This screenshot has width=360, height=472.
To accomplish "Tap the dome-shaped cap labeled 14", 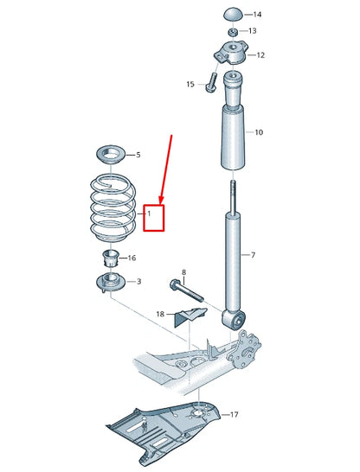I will [x=234, y=14].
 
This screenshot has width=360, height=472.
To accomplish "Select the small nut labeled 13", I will [x=231, y=31].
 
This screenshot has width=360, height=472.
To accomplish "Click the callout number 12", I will [x=260, y=55].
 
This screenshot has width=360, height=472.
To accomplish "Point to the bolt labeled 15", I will [x=210, y=84].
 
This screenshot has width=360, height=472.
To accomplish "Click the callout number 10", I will [x=258, y=132].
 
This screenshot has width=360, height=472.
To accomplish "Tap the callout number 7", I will [x=253, y=255].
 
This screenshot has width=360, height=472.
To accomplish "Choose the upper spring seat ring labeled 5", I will [x=110, y=156].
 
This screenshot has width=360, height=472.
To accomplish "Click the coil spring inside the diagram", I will [x=112, y=207].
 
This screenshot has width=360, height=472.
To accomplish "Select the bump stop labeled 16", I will [x=110, y=258].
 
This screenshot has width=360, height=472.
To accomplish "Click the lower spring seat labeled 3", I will [x=110, y=283].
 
